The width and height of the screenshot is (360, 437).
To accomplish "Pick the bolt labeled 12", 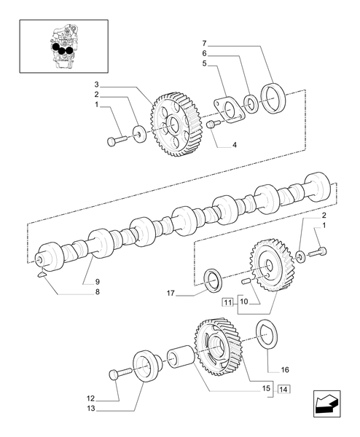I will pyautogui.click(x=115, y=374).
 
